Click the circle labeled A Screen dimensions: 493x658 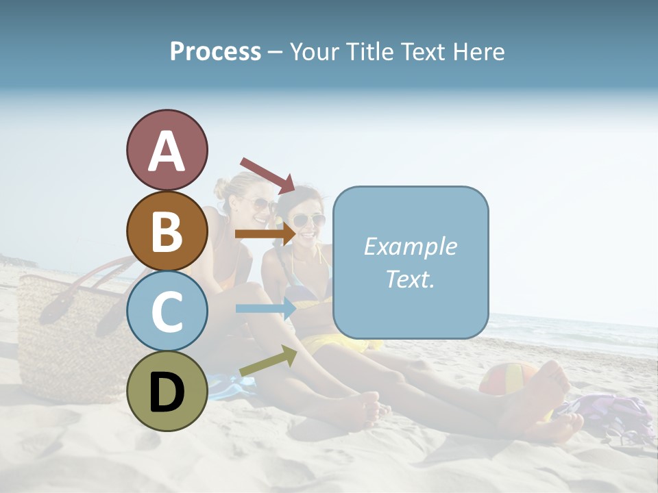tap(167, 150)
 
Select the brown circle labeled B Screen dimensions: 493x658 tap(167, 231)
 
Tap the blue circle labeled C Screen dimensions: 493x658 tap(167, 311)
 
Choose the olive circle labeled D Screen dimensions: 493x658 tap(167, 391)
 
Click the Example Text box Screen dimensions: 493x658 tap(411, 262)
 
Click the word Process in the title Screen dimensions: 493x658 tap(215, 51)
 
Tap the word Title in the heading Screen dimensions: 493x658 tap(370, 51)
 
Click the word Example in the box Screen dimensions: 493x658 tap(410, 246)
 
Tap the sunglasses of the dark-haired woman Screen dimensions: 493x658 tap(309, 220)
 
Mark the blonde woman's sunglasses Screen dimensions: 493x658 tap(261, 204)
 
